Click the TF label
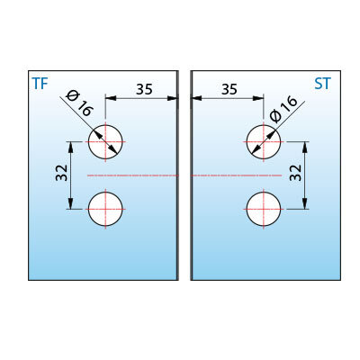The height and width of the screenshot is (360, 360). (x=40, y=84)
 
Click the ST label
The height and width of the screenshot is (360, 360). (x=322, y=84)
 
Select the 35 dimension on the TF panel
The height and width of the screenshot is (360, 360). (x=144, y=89)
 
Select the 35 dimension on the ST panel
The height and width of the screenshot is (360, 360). (x=229, y=89)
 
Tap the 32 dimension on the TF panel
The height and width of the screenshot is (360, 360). (x=62, y=173)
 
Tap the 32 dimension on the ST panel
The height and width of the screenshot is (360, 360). (x=295, y=173)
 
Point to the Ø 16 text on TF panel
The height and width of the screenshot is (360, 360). (x=79, y=103)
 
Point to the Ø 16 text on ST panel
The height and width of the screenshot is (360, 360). (x=283, y=109)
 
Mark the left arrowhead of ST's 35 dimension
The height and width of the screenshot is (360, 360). (x=197, y=98)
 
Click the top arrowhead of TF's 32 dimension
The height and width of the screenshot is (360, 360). (x=71, y=147)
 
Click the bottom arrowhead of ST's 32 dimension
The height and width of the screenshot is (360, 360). (x=305, y=204)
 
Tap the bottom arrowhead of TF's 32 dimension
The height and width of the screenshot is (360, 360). (x=71, y=204)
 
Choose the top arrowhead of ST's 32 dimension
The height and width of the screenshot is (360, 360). (x=305, y=147)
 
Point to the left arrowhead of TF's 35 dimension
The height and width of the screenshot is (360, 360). (x=111, y=98)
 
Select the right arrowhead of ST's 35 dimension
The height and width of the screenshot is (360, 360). (x=258, y=98)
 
